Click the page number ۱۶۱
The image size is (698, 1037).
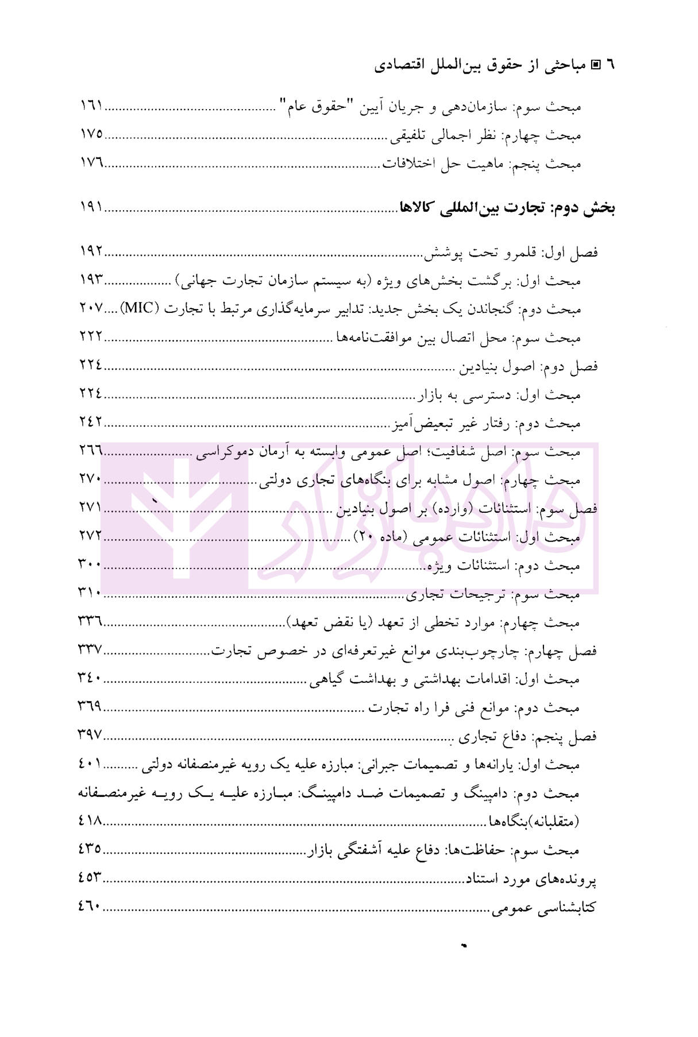click(91, 106)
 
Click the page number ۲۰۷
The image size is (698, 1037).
click(91, 308)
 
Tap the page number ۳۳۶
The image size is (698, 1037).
click(90, 622)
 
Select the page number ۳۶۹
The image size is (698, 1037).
click(90, 707)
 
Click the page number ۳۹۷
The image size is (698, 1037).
click(90, 735)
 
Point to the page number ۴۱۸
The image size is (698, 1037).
click(90, 821)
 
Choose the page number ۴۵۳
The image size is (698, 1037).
click(90, 878)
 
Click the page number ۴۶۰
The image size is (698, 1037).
click(90, 907)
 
